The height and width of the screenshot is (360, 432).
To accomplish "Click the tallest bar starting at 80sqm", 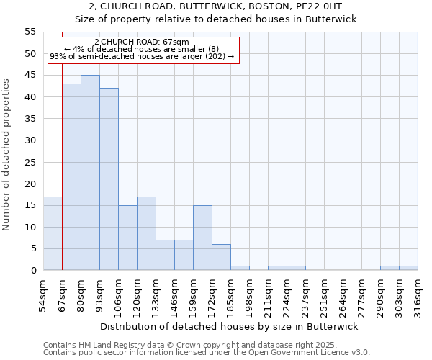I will [x=90, y=173].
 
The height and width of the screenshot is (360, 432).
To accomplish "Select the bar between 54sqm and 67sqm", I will [x=53, y=233].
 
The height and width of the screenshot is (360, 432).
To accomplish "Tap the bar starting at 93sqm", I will [x=109, y=179].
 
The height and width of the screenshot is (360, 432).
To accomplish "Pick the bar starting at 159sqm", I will [x=202, y=238].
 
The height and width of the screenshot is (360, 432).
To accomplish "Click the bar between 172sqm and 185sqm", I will [x=221, y=257].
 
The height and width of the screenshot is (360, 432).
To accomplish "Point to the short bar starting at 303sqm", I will [x=408, y=268].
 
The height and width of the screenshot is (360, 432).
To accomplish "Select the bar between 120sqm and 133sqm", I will [x=146, y=233].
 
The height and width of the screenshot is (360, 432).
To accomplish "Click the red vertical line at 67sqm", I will [x=62, y=158].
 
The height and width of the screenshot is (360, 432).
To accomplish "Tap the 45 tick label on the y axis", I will [x=30, y=75].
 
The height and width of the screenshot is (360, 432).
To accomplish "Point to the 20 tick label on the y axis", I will [x=30, y=184].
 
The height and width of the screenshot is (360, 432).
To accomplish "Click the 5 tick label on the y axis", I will [x=32, y=248].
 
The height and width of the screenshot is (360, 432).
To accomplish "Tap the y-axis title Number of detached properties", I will [x=6, y=155].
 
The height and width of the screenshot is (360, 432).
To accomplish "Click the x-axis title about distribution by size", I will [x=230, y=326].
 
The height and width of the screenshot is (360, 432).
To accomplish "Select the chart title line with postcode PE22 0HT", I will [x=216, y=6].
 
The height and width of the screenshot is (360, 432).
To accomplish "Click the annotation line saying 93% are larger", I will [x=142, y=56].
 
